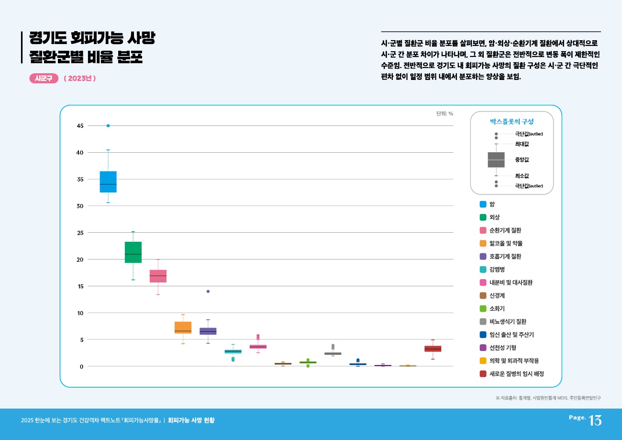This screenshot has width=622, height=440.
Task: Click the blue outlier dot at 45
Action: [x=108, y=126]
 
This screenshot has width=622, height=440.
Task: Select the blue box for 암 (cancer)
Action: [x=108, y=181]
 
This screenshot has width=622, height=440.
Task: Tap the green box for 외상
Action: [x=133, y=252]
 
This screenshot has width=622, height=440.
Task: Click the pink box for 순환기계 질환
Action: [x=158, y=276]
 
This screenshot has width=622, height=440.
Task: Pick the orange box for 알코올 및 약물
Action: [x=183, y=327]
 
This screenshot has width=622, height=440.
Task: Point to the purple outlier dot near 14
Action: [x=208, y=291]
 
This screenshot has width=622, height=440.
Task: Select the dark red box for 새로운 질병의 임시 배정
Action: [x=433, y=349]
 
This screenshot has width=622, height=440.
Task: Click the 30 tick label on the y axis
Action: [x=79, y=206]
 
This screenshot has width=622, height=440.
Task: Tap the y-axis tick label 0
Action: [x=81, y=366]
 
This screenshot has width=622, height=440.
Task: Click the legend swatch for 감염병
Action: [x=483, y=270]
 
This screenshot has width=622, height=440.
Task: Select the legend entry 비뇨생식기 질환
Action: [x=511, y=322]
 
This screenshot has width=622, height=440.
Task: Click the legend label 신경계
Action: [x=498, y=295]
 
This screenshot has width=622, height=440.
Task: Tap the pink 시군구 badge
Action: [x=44, y=79]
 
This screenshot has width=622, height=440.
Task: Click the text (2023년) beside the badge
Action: [x=80, y=79]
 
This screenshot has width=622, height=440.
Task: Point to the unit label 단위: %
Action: [x=444, y=114]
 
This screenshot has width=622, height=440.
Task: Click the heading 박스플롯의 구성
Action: [x=511, y=122]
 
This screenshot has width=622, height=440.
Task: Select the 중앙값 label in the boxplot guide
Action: [x=522, y=160]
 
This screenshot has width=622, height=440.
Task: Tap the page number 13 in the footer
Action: [x=595, y=420]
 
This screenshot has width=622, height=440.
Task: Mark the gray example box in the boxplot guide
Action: [x=496, y=160]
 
